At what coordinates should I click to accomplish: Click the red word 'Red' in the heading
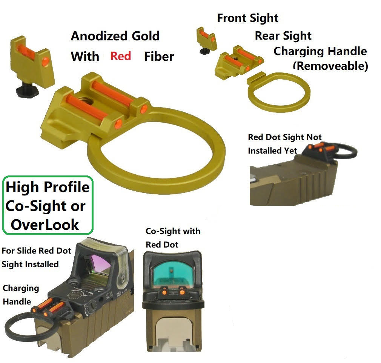[x=120, y=56]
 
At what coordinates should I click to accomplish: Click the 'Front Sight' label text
[x=247, y=18]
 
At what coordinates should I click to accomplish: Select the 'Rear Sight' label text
[x=283, y=36]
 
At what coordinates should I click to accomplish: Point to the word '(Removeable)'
[x=330, y=66]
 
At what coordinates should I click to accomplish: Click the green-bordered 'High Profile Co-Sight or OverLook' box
[x=48, y=205]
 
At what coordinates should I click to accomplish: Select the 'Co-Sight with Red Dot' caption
[x=173, y=238]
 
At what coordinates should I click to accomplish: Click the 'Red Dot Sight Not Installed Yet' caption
[x=284, y=144]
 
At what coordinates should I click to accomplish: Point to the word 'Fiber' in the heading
[x=159, y=57]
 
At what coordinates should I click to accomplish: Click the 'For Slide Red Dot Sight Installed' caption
[x=36, y=257]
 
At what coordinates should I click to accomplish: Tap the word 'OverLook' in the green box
[x=45, y=225]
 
